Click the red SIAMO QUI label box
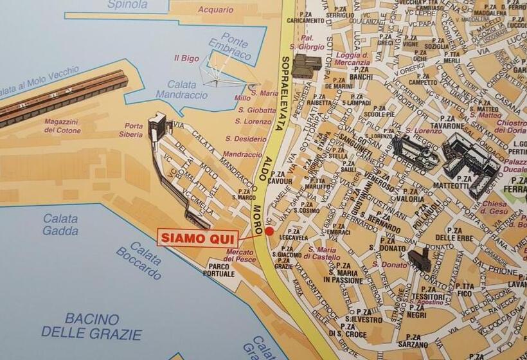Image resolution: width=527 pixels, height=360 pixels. [198, 237]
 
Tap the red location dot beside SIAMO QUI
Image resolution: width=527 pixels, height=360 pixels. [269, 231]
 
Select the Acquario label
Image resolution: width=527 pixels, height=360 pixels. [215, 10]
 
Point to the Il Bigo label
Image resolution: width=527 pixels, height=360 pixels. [187, 58]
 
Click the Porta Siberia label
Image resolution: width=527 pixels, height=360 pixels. [134, 130]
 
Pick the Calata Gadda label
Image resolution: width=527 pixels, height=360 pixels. [60, 224]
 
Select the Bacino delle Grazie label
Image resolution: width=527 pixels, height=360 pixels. [91, 326]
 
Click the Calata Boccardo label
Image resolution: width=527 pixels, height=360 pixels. [139, 259]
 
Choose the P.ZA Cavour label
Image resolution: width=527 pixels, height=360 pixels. [281, 177]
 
